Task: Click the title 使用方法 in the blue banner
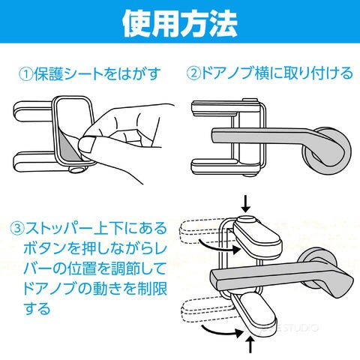point(180,24)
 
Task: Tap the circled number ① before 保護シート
point(26,74)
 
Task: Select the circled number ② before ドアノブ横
point(194,73)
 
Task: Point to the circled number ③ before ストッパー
point(17,227)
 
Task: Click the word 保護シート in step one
point(68,74)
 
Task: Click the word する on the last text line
point(37,308)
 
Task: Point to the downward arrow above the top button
point(246,205)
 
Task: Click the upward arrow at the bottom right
point(250,344)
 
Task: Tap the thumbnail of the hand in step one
point(87,145)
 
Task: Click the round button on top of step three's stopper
point(247,220)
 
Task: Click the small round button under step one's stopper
point(76,169)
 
